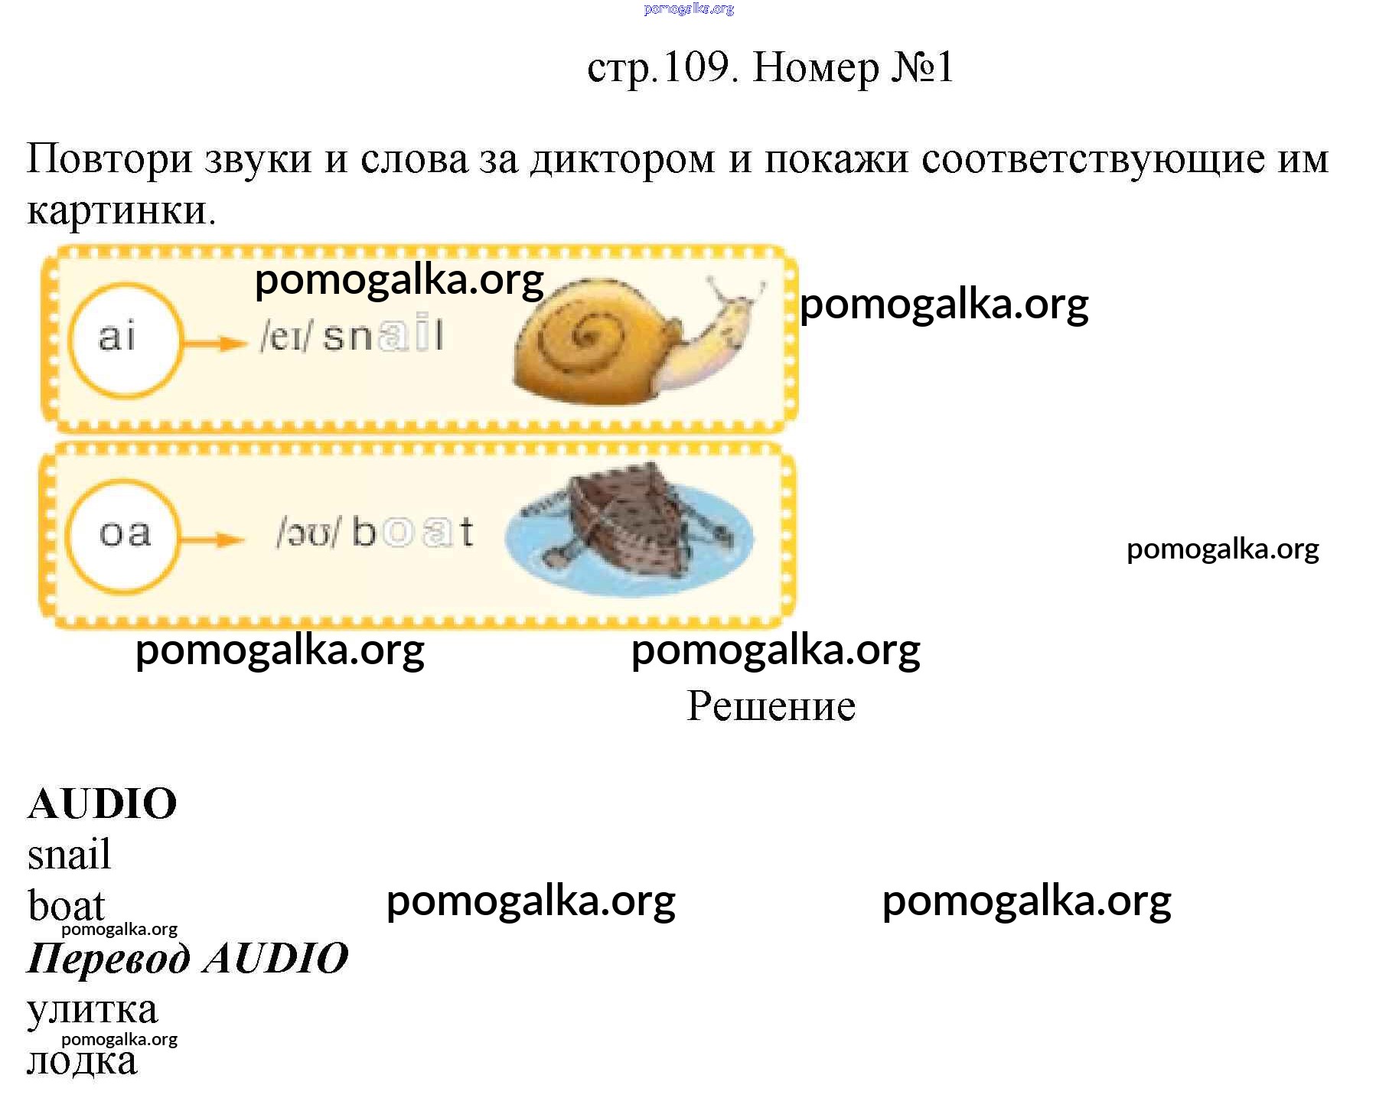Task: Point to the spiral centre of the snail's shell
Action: click(x=588, y=334)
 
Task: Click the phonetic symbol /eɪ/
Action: click(x=285, y=337)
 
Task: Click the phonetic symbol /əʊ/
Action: click(x=307, y=533)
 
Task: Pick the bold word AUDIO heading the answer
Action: click(x=103, y=804)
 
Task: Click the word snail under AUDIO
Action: click(x=69, y=855)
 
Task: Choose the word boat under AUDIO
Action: click(x=66, y=907)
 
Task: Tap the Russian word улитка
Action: click(x=93, y=1011)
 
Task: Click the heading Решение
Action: click(x=771, y=706)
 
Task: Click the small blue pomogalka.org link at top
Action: click(x=689, y=9)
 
